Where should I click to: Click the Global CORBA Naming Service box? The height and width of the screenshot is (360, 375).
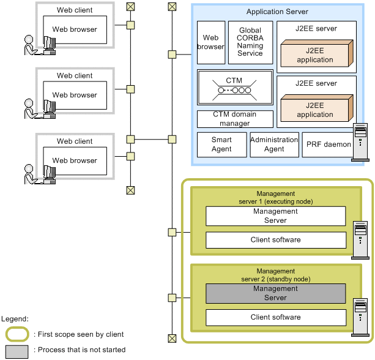point(250,42)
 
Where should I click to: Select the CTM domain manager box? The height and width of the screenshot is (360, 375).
point(235,119)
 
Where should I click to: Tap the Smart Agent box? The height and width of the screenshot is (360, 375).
point(221,145)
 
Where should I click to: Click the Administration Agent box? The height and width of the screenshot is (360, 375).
point(274,145)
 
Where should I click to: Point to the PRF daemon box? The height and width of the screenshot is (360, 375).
point(329,145)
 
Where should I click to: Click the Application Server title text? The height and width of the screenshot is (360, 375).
point(277,12)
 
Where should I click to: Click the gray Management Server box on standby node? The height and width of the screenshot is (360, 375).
point(275,293)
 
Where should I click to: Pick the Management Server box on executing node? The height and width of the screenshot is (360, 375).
point(275,216)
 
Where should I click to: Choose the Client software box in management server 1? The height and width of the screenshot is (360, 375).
point(275,240)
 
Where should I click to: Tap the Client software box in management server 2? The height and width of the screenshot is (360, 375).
point(275,317)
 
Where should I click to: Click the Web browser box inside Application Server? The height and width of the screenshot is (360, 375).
point(210,42)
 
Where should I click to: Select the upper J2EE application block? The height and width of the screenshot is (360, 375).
point(315,54)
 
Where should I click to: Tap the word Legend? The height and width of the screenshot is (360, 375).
point(15,319)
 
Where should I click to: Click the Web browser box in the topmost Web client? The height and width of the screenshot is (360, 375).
point(75,29)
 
